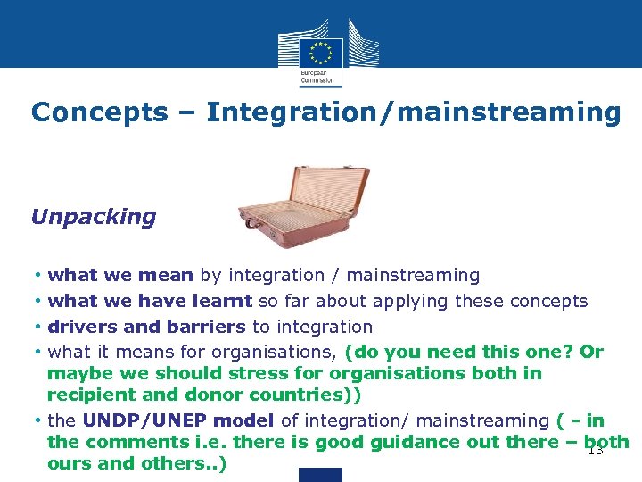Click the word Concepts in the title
(x=99, y=112)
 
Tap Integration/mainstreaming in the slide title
(x=413, y=112)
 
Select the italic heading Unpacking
(x=93, y=217)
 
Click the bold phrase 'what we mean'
(x=120, y=276)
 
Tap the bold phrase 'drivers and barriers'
(x=147, y=327)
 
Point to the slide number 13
(x=596, y=451)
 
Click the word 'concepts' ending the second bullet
(x=554, y=301)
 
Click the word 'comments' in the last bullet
(x=125, y=442)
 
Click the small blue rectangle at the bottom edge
(x=320, y=475)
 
